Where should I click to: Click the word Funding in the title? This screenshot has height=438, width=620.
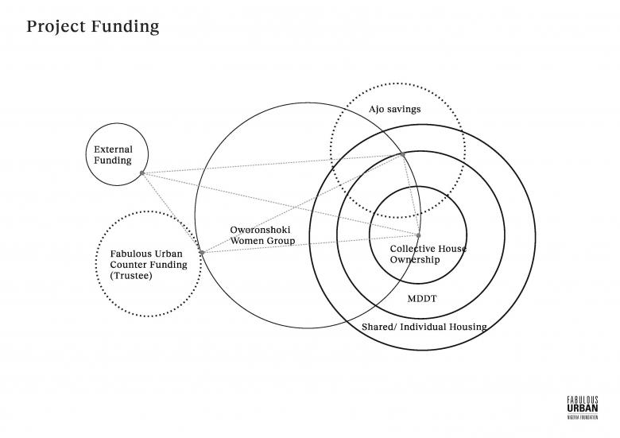(x=127, y=26)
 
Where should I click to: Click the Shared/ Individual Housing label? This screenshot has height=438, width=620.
(x=424, y=327)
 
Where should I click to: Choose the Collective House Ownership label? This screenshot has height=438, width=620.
(x=428, y=254)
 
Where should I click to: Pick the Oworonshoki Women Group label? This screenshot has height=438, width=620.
(x=262, y=235)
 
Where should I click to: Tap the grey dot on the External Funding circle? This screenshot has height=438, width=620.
(x=142, y=172)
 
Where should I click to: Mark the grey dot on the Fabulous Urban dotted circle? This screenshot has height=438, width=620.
(x=202, y=253)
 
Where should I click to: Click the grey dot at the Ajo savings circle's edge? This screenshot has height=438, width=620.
(x=403, y=153)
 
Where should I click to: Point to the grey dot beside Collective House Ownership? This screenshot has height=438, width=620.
(x=418, y=235)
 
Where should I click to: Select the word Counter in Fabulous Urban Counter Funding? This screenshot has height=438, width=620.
(x=130, y=264)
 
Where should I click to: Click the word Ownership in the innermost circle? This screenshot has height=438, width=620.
(x=414, y=259)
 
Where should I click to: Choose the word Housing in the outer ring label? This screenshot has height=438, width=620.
(x=465, y=327)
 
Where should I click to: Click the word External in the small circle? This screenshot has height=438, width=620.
(x=113, y=149)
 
